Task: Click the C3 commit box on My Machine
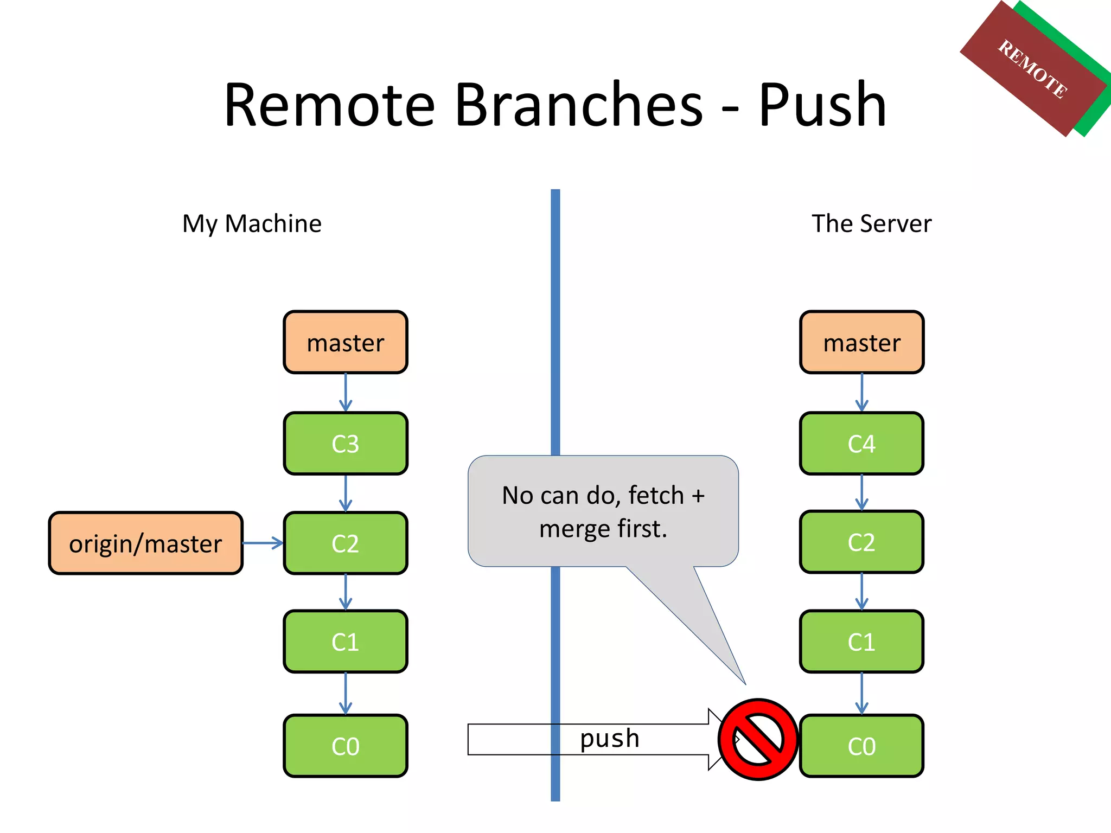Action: point(345,444)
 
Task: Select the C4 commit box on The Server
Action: point(861,444)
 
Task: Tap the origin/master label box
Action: point(145,543)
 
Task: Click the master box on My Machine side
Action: point(345,343)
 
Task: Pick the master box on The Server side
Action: point(861,343)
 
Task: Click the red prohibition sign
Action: point(758,739)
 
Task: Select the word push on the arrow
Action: point(610,739)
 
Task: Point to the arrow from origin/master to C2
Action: point(263,543)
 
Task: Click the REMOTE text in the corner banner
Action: point(1033,69)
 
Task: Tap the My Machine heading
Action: point(252,223)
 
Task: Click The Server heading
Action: point(871,223)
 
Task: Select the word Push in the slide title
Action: point(822,104)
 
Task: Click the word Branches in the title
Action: point(579,104)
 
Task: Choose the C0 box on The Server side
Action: point(861,746)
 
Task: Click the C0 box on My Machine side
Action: point(345,746)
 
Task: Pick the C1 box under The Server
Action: point(861,642)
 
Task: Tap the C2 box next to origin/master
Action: point(345,543)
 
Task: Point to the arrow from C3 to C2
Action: point(346,493)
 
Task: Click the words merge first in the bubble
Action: point(603,529)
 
